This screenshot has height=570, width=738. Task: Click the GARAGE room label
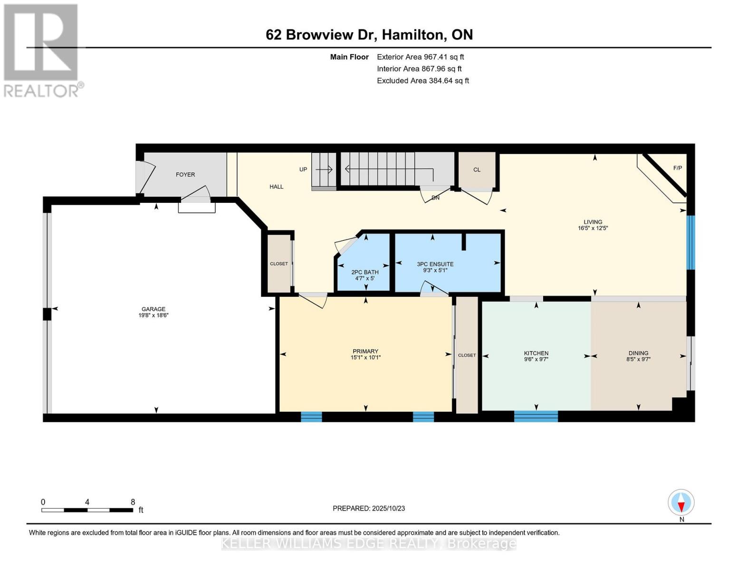153,309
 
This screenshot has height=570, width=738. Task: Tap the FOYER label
185,174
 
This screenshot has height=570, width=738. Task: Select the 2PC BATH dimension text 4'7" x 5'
364,278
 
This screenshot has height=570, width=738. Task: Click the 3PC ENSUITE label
435,264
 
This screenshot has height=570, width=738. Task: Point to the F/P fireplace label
677,168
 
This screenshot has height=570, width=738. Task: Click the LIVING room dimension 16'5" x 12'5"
593,228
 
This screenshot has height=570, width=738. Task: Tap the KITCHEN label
536,353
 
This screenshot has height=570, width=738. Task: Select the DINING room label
638,353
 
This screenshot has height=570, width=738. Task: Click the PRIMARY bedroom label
365,351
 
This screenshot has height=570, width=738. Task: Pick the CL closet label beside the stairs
477,170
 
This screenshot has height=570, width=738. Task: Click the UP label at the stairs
303,170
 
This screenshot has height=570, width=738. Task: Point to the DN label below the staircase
435,198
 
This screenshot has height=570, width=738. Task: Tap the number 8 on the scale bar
133,502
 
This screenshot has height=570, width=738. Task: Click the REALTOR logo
42,50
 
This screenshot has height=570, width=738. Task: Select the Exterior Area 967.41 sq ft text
420,57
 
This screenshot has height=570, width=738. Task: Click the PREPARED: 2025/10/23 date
369,508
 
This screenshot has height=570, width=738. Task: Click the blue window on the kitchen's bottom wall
536,417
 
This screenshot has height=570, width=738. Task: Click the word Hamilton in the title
413,35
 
